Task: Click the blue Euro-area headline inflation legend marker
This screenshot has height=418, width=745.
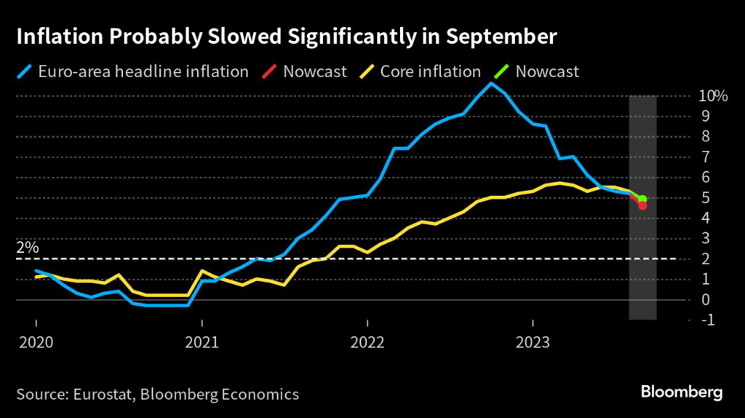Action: pos(27,71)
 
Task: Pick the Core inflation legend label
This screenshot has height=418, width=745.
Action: pos(431,71)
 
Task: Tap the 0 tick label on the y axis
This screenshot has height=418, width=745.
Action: pos(704,299)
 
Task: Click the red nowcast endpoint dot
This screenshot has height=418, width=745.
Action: pos(643,205)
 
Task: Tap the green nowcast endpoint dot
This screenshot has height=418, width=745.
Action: pos(643,199)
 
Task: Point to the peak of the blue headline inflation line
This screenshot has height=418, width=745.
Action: pos(491,83)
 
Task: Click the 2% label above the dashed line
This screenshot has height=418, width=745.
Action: pos(27,248)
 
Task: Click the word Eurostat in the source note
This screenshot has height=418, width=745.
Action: pos(103,394)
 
